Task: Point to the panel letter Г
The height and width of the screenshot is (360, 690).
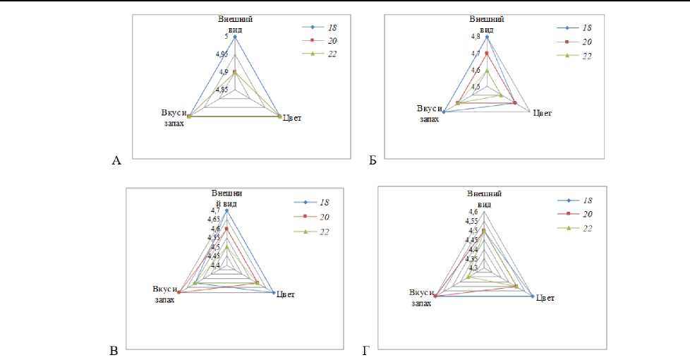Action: (x=366, y=351)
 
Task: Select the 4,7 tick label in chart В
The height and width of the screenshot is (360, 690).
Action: (x=214, y=210)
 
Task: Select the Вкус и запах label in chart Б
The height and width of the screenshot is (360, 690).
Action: (x=429, y=114)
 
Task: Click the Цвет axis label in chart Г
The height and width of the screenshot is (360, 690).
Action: (x=544, y=298)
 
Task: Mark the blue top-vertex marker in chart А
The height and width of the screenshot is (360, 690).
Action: (x=235, y=37)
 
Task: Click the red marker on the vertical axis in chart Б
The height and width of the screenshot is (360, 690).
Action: (x=487, y=53)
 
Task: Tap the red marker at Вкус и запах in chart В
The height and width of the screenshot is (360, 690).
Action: (x=179, y=292)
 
